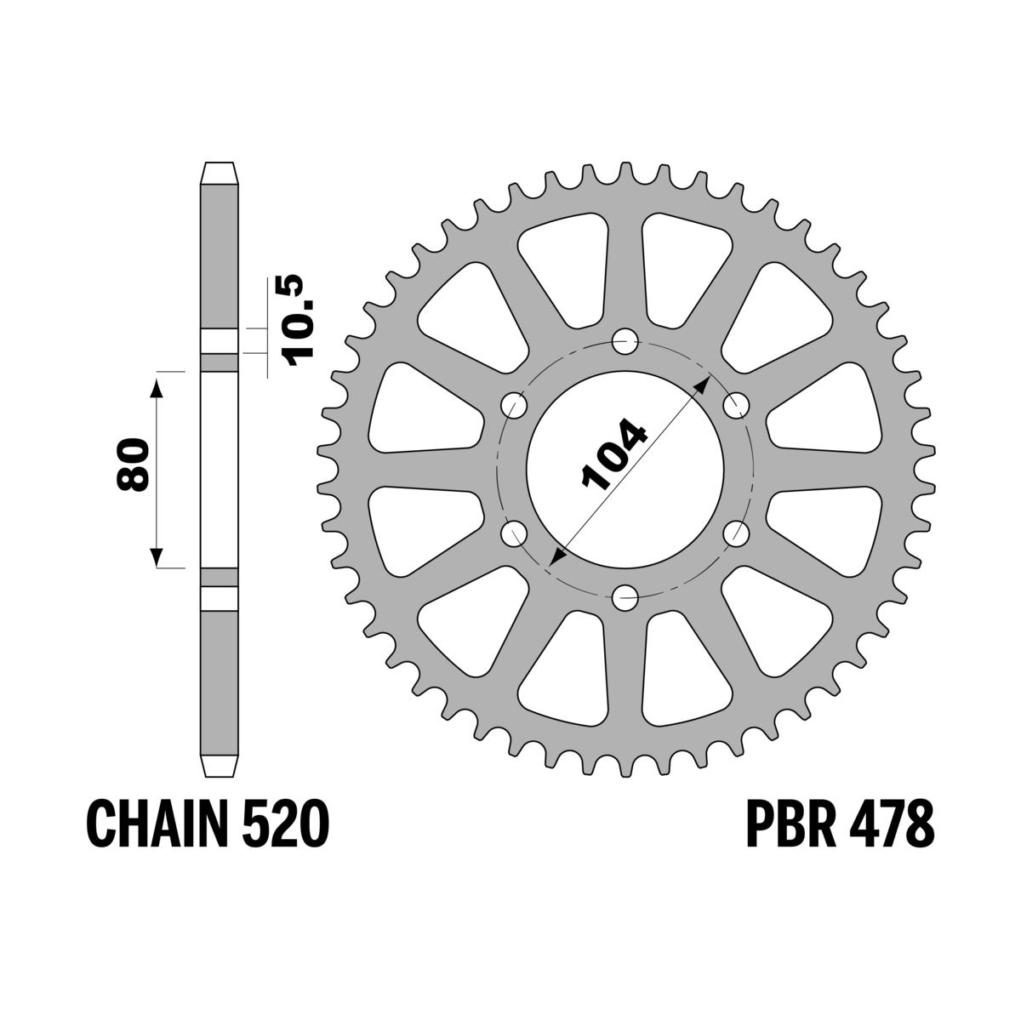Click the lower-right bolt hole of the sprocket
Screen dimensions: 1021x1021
735,533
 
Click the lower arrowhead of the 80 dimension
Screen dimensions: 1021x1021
156,558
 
